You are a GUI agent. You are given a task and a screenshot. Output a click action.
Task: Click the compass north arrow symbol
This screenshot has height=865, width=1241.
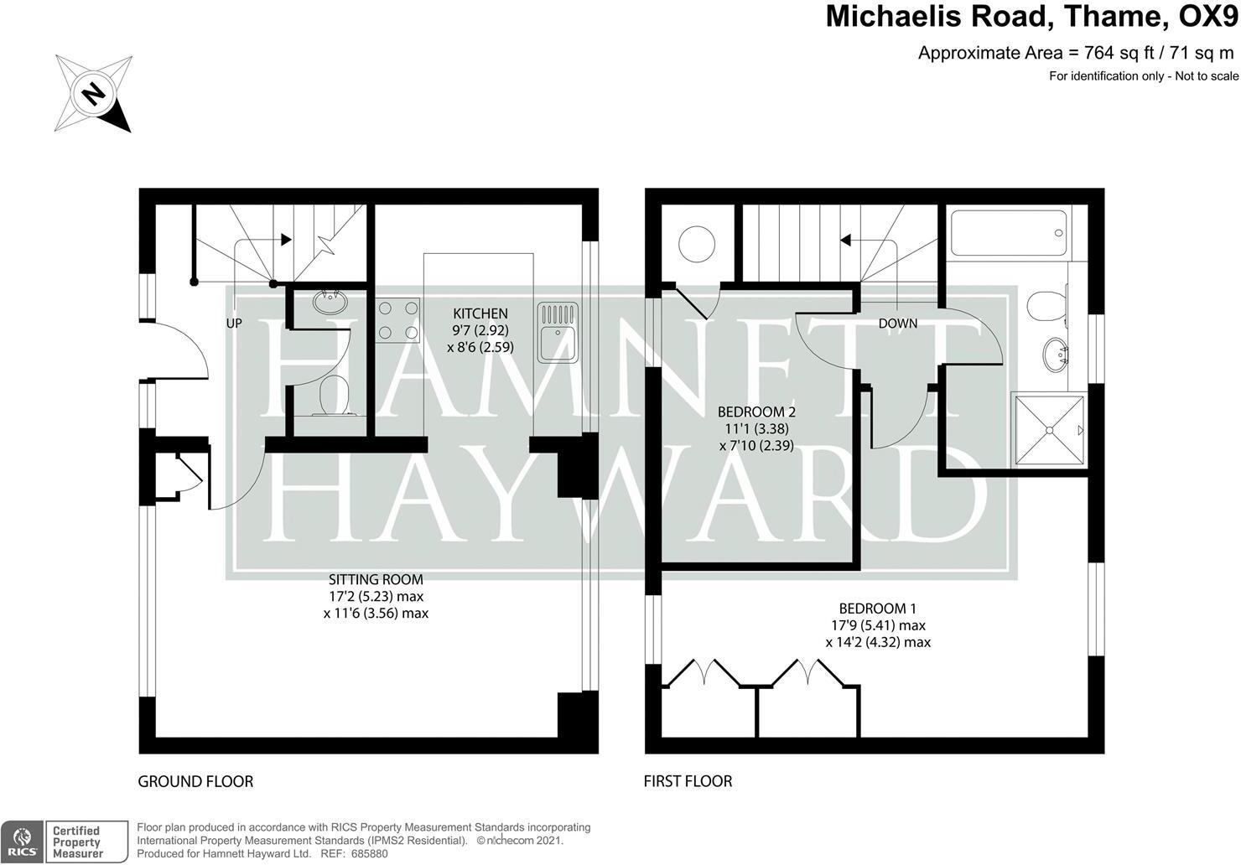click(x=93, y=93)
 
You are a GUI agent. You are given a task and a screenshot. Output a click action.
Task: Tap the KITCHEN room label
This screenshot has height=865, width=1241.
click(x=480, y=313)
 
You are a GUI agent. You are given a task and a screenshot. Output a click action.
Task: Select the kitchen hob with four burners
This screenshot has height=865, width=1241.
click(x=398, y=320)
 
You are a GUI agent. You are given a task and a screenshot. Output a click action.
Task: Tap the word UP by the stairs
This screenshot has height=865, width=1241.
click(x=234, y=323)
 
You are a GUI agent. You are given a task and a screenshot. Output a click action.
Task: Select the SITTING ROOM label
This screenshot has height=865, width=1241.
click(x=376, y=579)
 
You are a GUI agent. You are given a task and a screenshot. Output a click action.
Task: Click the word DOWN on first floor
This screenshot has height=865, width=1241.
click(x=898, y=324)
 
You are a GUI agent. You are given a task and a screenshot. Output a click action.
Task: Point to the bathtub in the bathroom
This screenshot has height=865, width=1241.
click(x=1007, y=232)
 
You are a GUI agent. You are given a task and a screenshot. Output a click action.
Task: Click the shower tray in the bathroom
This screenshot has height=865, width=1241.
click(x=1048, y=428)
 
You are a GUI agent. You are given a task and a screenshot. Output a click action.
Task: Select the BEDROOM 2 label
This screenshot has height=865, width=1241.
click(x=756, y=412)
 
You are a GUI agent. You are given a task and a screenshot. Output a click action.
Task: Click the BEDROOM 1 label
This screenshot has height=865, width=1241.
click(x=878, y=609)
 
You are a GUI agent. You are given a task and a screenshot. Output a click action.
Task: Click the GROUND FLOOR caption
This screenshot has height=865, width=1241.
click(x=195, y=781)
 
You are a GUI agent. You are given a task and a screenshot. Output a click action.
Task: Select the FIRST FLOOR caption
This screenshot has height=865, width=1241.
click(x=688, y=781)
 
